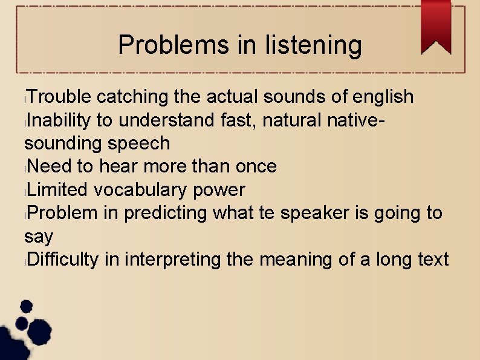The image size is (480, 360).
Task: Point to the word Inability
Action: coord(59,120)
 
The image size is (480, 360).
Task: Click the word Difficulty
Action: coord(63,260)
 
